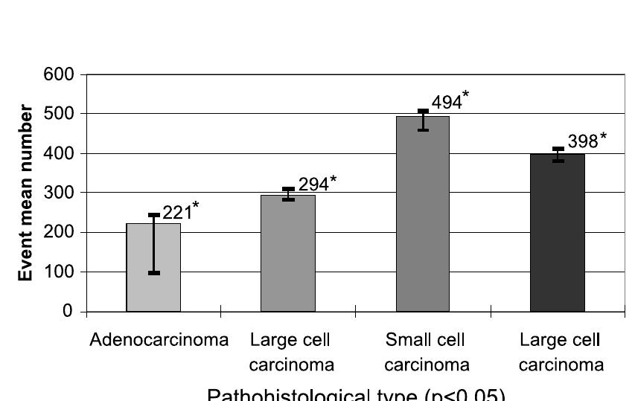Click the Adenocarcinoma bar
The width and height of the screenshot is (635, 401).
coord(153,268)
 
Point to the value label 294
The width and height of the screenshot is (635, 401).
coord(313,185)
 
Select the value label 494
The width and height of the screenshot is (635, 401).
coord(447,103)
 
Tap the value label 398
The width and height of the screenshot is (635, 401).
coord(583,141)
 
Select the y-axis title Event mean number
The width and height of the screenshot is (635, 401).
coord(25,193)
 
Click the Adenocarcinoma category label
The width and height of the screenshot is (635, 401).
coord(159,341)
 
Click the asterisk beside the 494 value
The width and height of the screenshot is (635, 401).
coord(466,94)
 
